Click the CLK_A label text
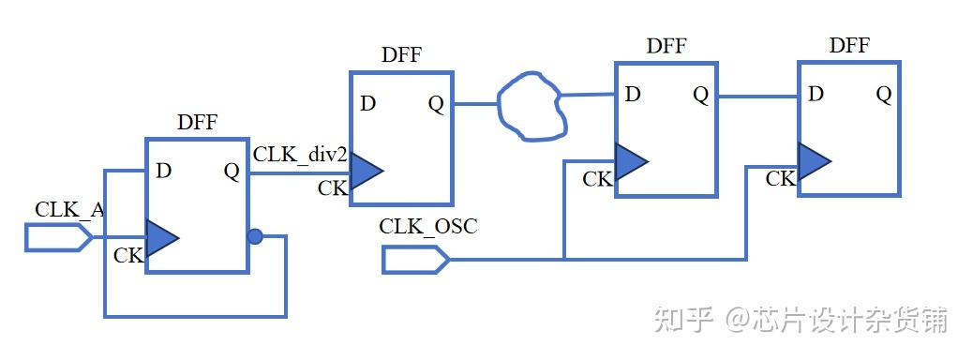pyautogui.click(x=69, y=209)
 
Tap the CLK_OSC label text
pyautogui.click(x=427, y=226)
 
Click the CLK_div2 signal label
pyautogui.click(x=300, y=154)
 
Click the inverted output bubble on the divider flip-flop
pyautogui.click(x=255, y=236)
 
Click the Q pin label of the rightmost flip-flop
pyautogui.click(x=883, y=94)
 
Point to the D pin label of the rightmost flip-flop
pyautogui.click(x=816, y=94)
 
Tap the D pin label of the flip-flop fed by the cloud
pyautogui.click(x=633, y=94)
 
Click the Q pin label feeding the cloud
pyautogui.click(x=436, y=103)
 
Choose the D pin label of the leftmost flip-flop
pyautogui.click(x=164, y=171)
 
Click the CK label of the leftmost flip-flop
pyautogui.click(x=128, y=255)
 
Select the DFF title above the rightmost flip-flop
pyautogui.click(x=849, y=45)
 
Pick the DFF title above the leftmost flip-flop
pyautogui.click(x=197, y=122)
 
